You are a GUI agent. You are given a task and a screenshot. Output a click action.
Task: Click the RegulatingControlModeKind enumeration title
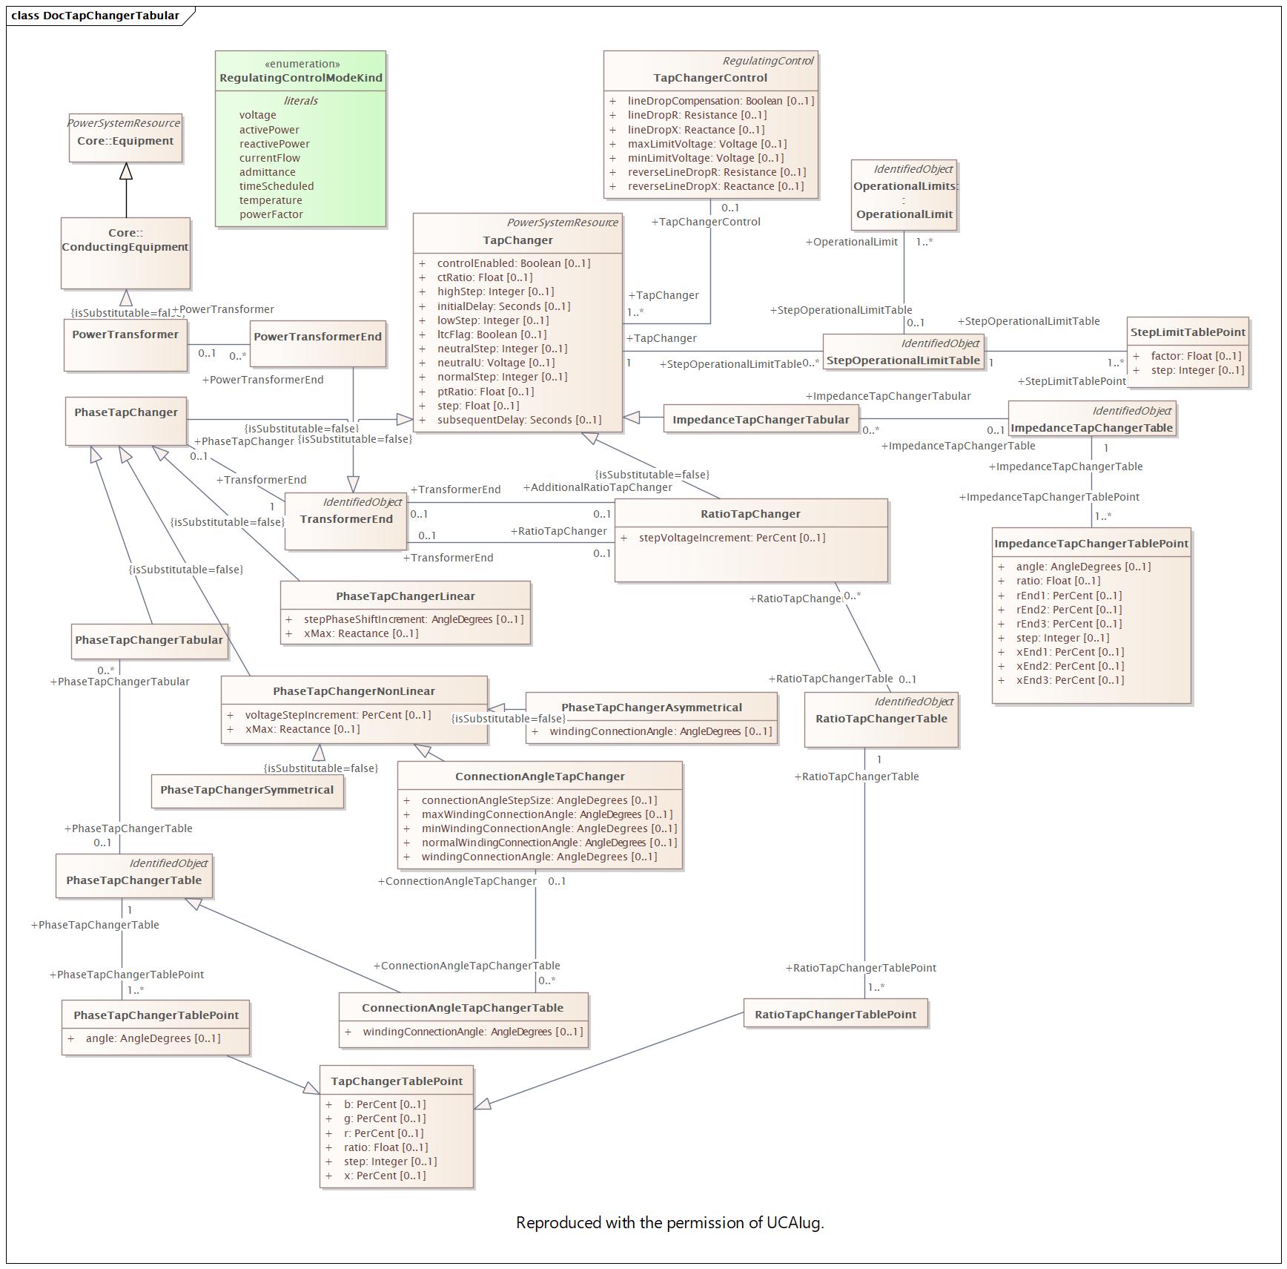[x=301, y=78]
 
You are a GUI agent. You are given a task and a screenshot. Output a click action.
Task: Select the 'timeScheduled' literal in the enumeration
[x=276, y=186]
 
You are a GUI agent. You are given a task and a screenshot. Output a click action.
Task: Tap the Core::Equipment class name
[x=125, y=141]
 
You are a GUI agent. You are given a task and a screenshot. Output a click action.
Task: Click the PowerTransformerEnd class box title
[x=317, y=337]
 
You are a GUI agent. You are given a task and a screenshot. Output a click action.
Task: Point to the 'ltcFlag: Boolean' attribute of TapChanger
[x=492, y=334]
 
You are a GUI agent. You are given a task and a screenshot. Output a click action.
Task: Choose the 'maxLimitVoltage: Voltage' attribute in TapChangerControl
[x=707, y=144]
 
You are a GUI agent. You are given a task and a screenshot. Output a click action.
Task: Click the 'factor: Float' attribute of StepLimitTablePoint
[x=1195, y=356]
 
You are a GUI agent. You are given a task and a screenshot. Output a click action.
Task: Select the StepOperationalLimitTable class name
[x=903, y=361]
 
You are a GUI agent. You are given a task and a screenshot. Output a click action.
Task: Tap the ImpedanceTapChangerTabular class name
[x=761, y=420]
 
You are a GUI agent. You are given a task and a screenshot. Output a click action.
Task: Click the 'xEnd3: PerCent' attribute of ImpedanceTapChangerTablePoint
[x=1069, y=680]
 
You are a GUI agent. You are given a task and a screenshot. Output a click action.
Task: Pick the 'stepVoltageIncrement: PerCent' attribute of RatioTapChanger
[x=732, y=538]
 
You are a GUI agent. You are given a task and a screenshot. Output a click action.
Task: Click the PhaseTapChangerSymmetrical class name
[x=247, y=790]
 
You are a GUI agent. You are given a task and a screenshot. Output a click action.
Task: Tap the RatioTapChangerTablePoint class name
[x=836, y=1015]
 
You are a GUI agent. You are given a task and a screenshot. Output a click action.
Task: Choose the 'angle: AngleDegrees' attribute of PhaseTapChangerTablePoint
[x=153, y=1038]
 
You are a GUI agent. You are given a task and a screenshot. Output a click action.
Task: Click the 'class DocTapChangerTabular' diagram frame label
[x=95, y=16]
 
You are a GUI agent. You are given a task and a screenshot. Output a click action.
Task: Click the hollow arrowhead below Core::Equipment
[x=126, y=171]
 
